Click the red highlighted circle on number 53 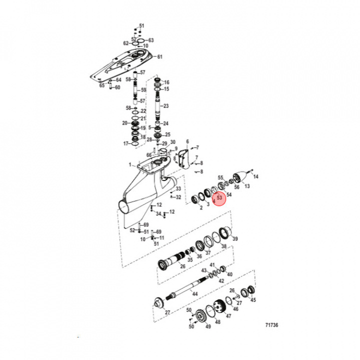coord(219,198)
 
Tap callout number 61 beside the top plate coord(160,57)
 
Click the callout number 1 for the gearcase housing coord(129,164)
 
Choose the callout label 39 coord(235,238)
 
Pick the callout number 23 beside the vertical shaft coord(166,106)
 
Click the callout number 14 coord(256,177)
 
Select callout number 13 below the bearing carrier coord(246,186)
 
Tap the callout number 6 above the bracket coord(187,141)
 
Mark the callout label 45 coord(253,300)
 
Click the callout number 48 coord(217,322)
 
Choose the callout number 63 coord(151,40)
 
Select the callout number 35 coord(189,260)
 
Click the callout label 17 coord(126,143)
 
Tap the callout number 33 coord(178,188)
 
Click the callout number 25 coord(167,134)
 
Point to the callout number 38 coord(223,246)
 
